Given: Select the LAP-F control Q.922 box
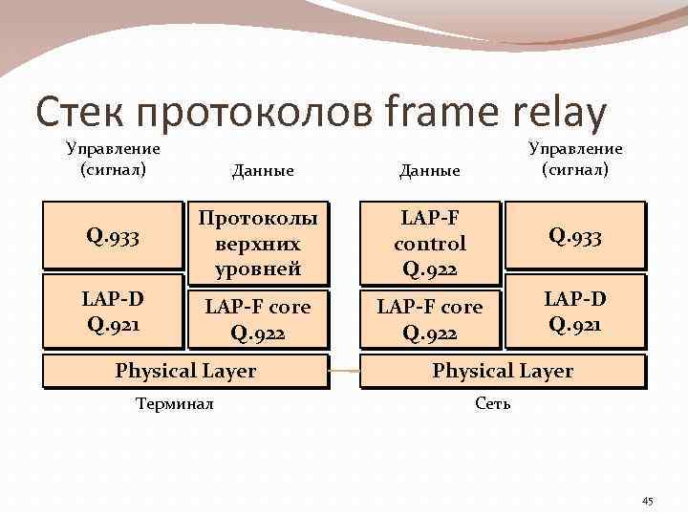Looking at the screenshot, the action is point(429,243).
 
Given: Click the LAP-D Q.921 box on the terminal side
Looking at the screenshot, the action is point(113,311).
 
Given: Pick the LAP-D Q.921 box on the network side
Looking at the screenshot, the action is point(573,311).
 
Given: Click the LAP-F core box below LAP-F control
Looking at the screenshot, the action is point(429,319).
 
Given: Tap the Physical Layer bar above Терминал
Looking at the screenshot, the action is point(185,371).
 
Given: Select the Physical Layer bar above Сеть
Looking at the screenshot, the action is point(503,371).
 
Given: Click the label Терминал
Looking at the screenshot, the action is point(175,403).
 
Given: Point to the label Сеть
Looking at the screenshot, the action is point(493,403).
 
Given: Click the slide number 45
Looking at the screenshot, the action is point(647,501).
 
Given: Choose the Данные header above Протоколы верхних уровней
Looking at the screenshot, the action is point(263,170).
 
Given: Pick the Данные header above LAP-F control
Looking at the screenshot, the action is point(430,170).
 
